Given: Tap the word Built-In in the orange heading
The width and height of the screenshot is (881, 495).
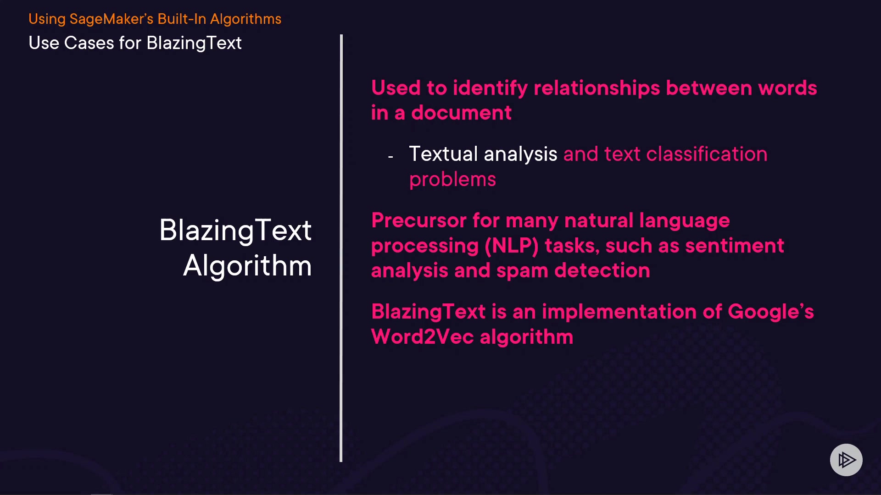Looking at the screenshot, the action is tap(182, 19).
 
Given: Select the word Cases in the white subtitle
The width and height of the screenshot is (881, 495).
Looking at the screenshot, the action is tap(89, 43).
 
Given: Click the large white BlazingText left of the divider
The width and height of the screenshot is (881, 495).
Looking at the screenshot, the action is tap(235, 230).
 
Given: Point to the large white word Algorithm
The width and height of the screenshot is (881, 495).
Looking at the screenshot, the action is tap(247, 266).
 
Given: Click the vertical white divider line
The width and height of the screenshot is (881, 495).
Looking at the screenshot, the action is tap(341, 248).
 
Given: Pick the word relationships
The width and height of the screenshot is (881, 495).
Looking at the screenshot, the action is tap(597, 88).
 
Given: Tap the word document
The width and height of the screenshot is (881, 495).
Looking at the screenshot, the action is tap(461, 113).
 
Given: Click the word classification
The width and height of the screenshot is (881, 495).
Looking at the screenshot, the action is tap(707, 154).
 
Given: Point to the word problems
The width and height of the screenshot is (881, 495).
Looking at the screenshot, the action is tap(452, 180).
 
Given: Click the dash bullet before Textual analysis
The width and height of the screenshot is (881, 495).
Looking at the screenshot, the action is tap(390, 157).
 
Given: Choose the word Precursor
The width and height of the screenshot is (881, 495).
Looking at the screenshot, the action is tap(419, 220).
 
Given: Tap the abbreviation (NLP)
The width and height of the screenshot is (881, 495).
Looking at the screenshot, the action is tap(512, 246).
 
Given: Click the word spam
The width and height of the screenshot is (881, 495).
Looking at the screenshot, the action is tap(522, 271).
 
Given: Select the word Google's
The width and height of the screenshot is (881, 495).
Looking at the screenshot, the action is tap(771, 312).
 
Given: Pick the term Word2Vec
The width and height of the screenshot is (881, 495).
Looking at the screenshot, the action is tap(422, 337).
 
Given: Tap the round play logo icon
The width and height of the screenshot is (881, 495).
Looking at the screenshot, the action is tap(846, 460).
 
